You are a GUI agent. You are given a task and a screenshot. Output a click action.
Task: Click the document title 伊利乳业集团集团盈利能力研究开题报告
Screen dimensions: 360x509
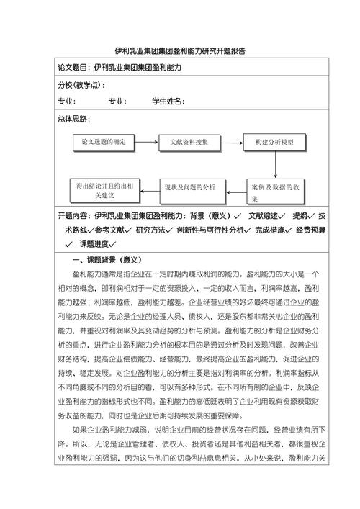[x=180, y=51]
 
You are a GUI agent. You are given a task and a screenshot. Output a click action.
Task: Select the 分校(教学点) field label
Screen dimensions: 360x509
[x=80, y=85]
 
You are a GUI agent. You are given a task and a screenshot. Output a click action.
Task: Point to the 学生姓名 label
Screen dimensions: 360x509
[x=167, y=102]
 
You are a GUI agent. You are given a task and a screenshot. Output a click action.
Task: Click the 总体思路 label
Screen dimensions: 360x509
[x=76, y=119]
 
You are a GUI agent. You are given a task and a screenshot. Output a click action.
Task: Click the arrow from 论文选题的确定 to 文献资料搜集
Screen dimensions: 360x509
[x=146, y=143]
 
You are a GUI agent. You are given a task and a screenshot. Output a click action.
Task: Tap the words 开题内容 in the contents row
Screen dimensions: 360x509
[x=73, y=215]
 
